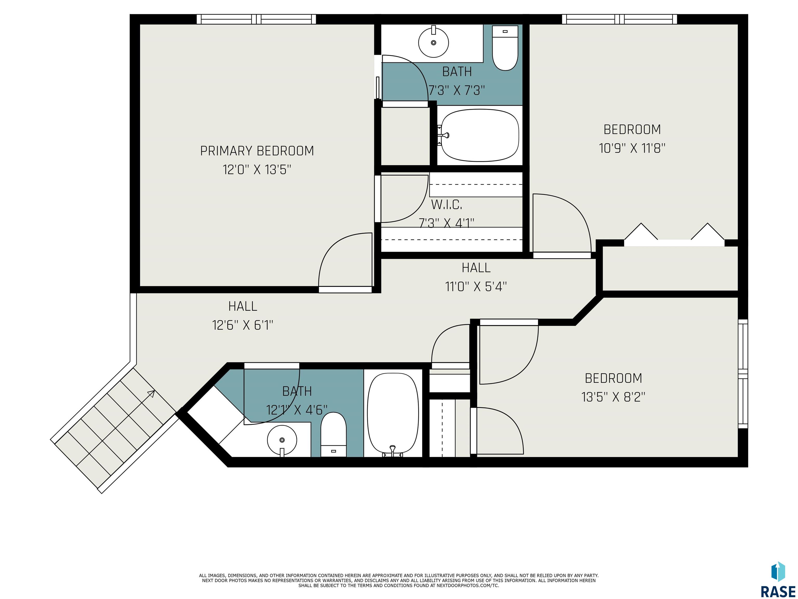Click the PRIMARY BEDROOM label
pyautogui.click(x=257, y=151)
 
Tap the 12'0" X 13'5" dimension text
pyautogui.click(x=257, y=169)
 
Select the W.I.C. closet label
pyautogui.click(x=447, y=205)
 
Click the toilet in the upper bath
pyautogui.click(x=505, y=48)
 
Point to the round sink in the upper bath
pyautogui.click(x=434, y=42)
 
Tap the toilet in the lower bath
pyautogui.click(x=333, y=434)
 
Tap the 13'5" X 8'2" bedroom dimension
pyautogui.click(x=613, y=397)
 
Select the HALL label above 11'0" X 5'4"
pyautogui.click(x=476, y=268)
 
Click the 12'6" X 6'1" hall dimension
pyautogui.click(x=243, y=325)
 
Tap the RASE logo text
pyautogui.click(x=778, y=591)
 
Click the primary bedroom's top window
pyautogui.click(x=256, y=19)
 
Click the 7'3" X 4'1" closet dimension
pyautogui.click(x=447, y=223)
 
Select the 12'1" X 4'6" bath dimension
pyautogui.click(x=297, y=410)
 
